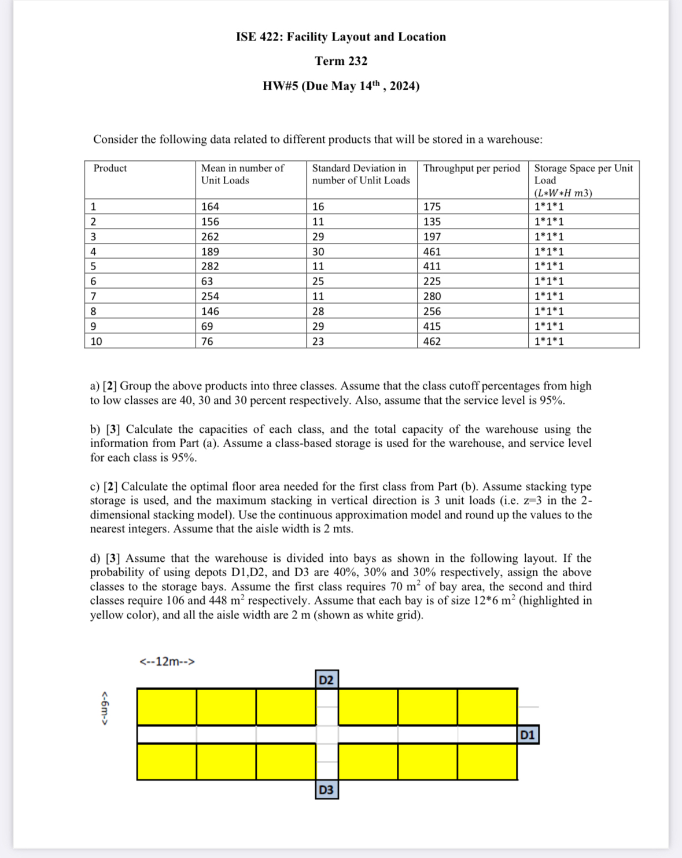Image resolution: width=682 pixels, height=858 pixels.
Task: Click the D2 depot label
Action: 326,679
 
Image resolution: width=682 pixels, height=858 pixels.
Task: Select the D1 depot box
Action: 528,735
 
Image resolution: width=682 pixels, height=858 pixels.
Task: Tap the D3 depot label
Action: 326,790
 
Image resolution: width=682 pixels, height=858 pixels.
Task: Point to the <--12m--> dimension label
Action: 167,661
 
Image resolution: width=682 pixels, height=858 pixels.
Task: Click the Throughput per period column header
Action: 471,168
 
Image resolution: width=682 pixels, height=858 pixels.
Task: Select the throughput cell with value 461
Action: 432,252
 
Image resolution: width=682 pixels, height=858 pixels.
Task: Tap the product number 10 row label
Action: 96,341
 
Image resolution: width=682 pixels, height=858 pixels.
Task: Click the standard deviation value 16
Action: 318,207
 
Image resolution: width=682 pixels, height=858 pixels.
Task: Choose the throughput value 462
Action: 432,341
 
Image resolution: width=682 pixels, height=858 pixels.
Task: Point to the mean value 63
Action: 207,281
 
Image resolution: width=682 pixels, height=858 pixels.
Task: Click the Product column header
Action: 110,168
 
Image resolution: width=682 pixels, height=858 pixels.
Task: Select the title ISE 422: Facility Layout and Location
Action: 341,37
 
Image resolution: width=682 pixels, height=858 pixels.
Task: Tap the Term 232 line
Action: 341,61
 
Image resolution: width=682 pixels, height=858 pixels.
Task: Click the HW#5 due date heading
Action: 341,86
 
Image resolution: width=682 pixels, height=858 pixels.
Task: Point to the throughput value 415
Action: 432,326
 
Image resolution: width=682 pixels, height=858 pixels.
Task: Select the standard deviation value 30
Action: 318,252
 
